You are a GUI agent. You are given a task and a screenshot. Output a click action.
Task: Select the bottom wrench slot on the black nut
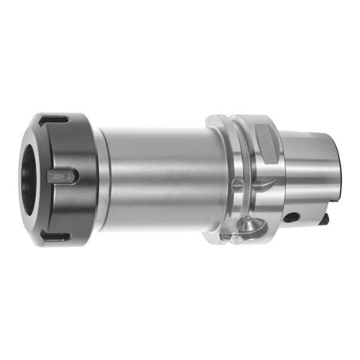coord(56,237)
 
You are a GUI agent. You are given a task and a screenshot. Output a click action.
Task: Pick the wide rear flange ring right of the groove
coord(259,183)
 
